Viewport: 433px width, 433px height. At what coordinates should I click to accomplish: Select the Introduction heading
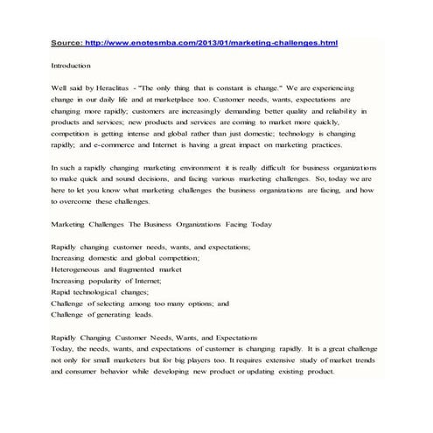tap(72, 66)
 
